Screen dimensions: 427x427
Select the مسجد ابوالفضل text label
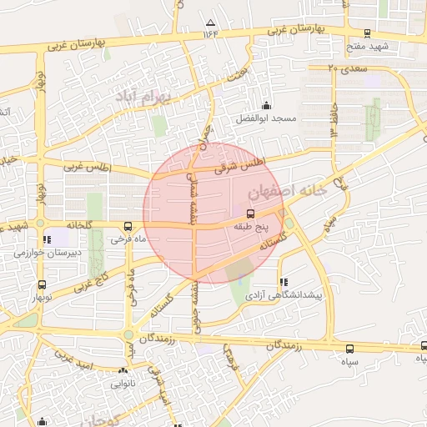[267, 119]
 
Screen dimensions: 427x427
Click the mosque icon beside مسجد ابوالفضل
[267, 106]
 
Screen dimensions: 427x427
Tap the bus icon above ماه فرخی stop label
[128, 226]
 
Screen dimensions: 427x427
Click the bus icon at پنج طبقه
[251, 214]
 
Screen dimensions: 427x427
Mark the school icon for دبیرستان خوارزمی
[47, 240]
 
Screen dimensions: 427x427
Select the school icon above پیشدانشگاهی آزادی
[285, 283]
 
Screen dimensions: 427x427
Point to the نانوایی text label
[123, 385]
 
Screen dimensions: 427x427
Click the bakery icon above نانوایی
[123, 372]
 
